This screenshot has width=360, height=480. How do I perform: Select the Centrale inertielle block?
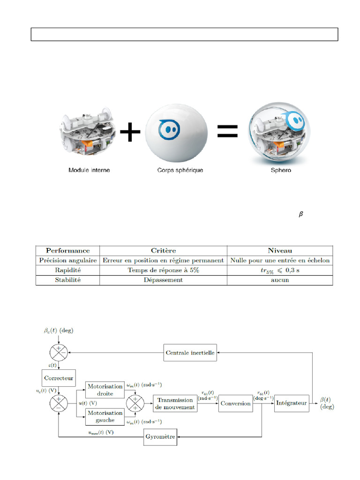point(191,352)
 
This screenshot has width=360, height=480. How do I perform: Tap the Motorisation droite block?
point(105,390)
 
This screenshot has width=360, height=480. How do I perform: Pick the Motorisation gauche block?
point(105,416)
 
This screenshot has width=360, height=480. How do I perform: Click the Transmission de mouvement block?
point(175,403)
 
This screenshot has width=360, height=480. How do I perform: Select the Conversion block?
point(235,403)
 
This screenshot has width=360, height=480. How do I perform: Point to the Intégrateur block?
point(292,403)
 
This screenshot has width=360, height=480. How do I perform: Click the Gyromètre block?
point(160,437)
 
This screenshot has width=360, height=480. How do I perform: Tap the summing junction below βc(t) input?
point(59,352)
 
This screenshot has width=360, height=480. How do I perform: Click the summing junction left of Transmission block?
point(135,403)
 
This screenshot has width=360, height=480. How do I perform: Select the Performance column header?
point(68,250)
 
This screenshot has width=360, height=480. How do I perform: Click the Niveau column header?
point(279,250)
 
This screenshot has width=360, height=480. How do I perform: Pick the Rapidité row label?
point(68,270)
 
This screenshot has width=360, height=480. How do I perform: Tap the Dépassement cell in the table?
point(164,280)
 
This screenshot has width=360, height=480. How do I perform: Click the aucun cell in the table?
point(279,280)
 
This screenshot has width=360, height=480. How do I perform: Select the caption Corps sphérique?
point(180,170)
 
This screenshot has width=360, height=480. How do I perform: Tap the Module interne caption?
point(89,170)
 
